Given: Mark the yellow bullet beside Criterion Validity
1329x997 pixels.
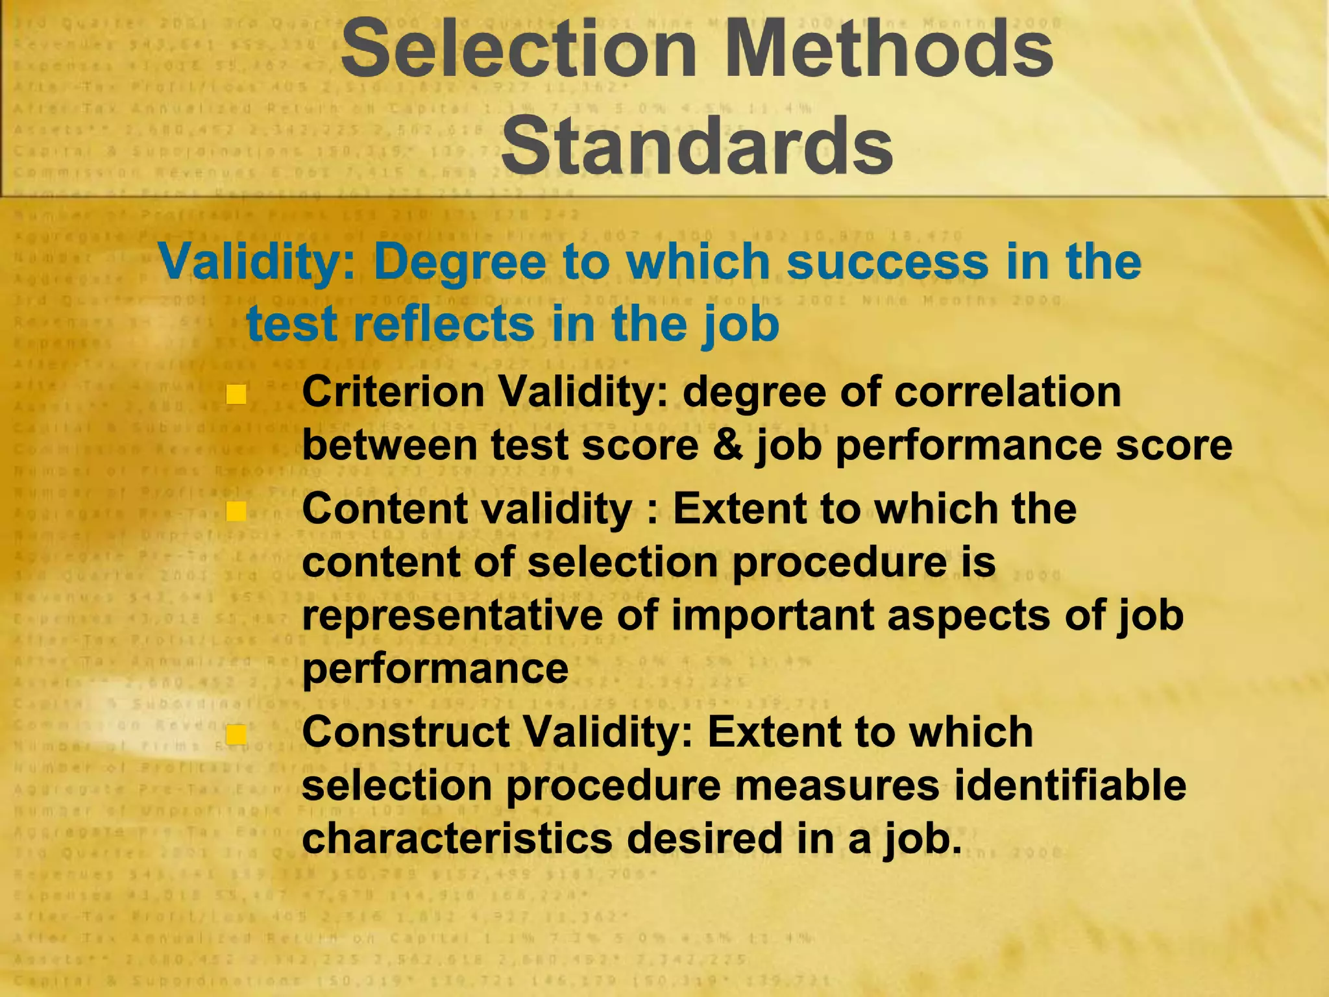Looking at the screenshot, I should point(236,394).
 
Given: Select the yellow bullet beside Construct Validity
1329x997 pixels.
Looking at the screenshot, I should point(236,734).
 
